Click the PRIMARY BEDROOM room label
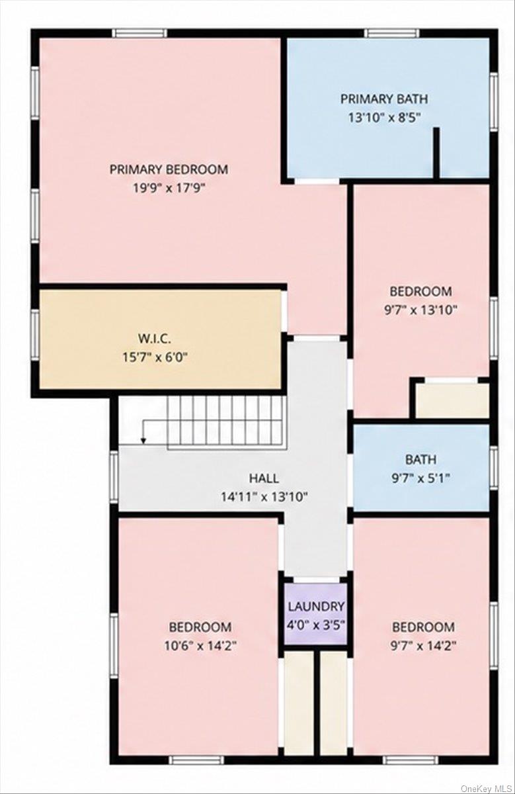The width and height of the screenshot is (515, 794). coord(169,169)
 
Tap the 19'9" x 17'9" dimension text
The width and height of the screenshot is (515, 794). coord(169,188)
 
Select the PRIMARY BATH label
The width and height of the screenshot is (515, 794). coord(384,99)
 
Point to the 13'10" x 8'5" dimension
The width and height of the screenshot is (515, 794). coord(384,117)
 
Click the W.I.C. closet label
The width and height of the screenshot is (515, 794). coord(155,339)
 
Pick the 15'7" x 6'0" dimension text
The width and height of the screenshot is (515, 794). coord(155,357)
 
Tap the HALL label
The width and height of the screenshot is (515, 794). coord(264,478)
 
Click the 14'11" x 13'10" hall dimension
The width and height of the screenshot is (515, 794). coord(264,497)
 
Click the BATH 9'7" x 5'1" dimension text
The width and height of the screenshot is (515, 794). coord(420,478)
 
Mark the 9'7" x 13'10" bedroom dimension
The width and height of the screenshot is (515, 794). coord(420,310)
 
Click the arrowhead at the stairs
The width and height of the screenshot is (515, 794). coord(143,441)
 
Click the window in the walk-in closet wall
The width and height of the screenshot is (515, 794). coord(35,335)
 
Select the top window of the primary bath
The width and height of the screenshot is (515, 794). coord(393,33)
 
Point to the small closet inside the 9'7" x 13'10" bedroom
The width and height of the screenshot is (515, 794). coord(452,400)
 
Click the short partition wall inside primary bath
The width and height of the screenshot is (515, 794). coord(436,153)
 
